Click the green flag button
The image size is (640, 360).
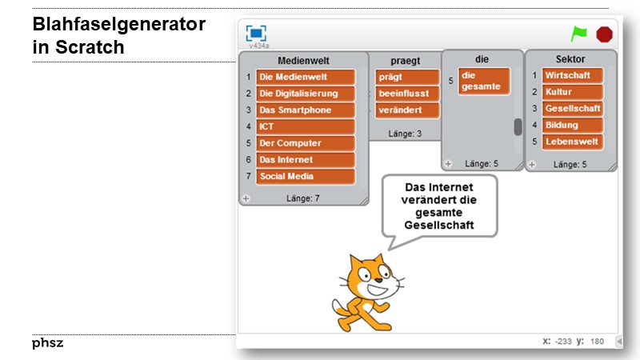click(x=578, y=34)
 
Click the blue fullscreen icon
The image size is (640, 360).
click(x=256, y=34)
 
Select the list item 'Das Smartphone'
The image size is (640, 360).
click(x=306, y=110)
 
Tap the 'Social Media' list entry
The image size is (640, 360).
click(x=306, y=176)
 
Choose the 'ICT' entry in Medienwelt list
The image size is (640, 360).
click(x=306, y=127)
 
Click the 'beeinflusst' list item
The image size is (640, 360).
click(x=407, y=94)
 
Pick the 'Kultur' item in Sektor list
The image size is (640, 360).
click(x=571, y=92)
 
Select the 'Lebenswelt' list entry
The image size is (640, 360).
click(x=571, y=142)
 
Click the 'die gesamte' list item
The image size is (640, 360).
click(x=483, y=82)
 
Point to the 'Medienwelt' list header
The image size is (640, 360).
click(x=303, y=61)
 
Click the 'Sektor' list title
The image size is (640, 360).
click(x=570, y=59)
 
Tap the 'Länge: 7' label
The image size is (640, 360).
click(x=303, y=198)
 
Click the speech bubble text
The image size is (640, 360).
click(x=439, y=206)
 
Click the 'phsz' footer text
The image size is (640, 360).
click(x=48, y=343)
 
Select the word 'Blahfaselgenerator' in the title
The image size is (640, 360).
click(x=119, y=25)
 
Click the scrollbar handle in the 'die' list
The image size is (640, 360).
click(x=518, y=126)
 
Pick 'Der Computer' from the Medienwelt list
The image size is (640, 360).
click(x=306, y=143)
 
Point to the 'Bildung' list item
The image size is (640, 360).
click(x=571, y=125)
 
